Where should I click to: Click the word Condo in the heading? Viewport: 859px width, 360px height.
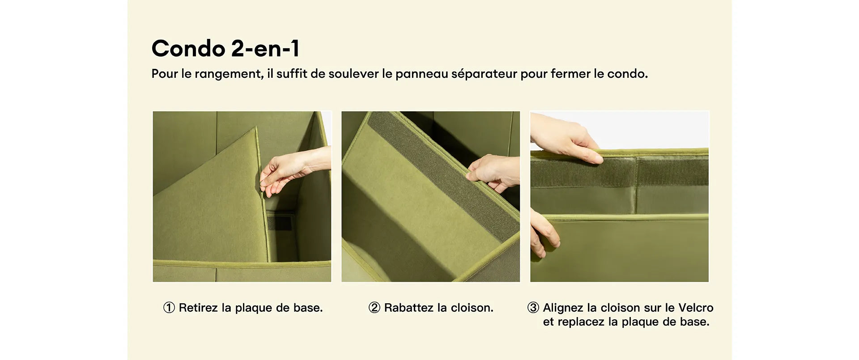click(x=188, y=48)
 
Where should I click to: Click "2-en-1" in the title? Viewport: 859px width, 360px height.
click(x=265, y=48)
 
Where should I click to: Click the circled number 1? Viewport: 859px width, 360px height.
click(x=169, y=308)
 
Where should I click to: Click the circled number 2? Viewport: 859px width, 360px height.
click(x=374, y=308)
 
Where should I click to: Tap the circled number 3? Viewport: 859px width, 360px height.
click(x=533, y=308)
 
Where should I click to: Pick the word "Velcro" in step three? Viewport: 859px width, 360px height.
click(x=696, y=308)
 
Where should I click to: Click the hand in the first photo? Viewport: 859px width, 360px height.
click(x=291, y=170)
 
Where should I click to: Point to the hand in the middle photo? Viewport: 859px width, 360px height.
click(x=492, y=172)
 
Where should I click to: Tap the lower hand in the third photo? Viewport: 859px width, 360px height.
click(x=543, y=233)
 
